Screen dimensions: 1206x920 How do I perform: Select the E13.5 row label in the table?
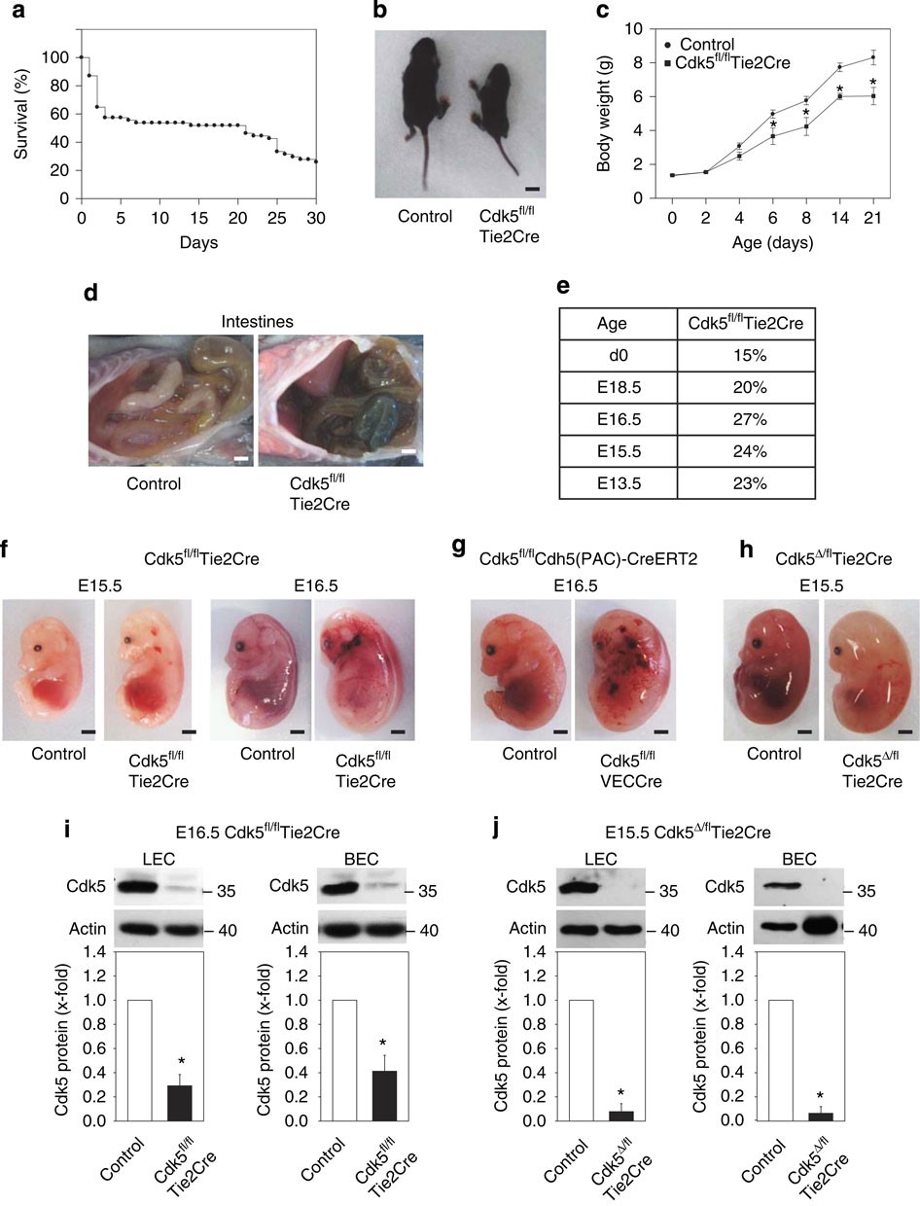[618, 479]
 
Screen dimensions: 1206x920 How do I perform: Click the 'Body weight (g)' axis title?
[604, 112]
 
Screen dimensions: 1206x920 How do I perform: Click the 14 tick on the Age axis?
[838, 216]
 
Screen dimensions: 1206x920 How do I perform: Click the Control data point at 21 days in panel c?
[873, 57]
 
